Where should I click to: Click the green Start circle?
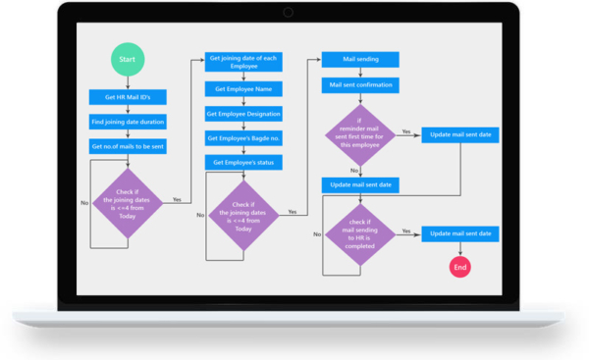128,60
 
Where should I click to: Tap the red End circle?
460,267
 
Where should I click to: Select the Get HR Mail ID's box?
128,97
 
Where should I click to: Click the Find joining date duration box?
128,122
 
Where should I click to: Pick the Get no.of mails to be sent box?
128,146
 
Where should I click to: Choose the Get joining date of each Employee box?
243,62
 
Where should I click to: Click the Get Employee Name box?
243,88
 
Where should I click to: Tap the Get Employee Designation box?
243,114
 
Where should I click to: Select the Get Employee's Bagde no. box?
243,138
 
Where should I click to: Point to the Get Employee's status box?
243,162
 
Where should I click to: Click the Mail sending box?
360,60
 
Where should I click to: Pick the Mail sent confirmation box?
360,85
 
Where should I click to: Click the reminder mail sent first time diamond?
360,135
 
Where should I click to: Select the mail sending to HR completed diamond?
360,232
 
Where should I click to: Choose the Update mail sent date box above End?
460,233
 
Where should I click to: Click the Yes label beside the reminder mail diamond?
405,130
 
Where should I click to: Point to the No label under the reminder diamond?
354,171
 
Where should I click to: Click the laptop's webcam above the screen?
289,12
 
